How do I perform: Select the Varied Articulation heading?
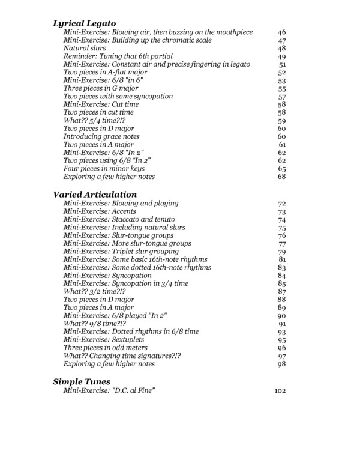tap(95, 195)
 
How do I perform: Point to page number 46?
tap(282, 32)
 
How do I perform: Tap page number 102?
tap(280, 391)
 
